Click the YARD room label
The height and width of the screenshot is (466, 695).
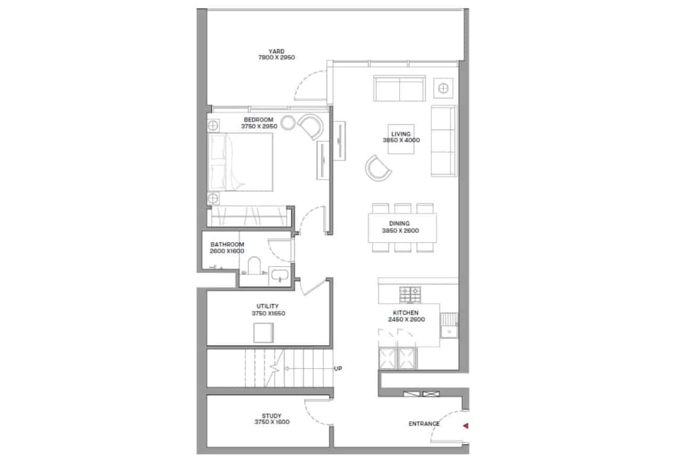[x=276, y=52]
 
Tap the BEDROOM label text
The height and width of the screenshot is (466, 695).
[x=258, y=119]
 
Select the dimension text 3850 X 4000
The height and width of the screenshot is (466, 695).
[x=401, y=141]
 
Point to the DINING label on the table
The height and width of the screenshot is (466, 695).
[x=399, y=224]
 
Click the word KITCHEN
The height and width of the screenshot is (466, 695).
[x=406, y=313]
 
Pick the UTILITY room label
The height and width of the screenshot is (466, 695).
[x=268, y=306]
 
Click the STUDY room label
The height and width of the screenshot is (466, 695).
[x=271, y=416]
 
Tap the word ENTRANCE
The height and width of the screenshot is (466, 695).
[x=424, y=424]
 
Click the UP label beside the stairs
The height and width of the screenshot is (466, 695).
[x=338, y=369]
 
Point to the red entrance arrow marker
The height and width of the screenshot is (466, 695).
[x=465, y=426]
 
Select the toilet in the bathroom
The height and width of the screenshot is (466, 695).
[x=254, y=265]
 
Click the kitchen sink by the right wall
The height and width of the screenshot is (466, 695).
[x=450, y=331]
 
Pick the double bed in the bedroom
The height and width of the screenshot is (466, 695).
[x=240, y=162]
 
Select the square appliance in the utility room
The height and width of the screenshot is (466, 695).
[x=263, y=332]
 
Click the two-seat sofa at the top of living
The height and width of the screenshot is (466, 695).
[x=400, y=88]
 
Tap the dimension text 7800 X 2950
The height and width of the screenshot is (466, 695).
[x=277, y=58]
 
